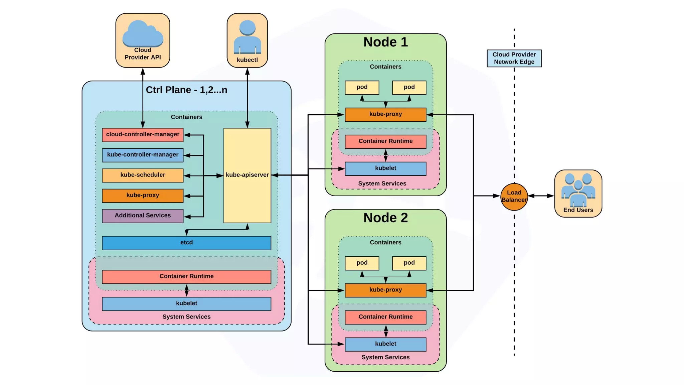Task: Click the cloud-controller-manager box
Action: click(x=143, y=135)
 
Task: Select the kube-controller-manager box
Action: click(x=143, y=155)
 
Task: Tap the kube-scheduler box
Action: click(x=143, y=175)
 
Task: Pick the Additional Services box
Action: click(x=143, y=216)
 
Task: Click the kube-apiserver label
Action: click(x=247, y=175)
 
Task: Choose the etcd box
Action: click(x=186, y=243)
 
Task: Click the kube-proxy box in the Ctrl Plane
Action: click(x=143, y=196)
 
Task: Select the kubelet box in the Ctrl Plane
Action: click(x=186, y=304)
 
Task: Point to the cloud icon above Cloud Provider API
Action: click(x=143, y=33)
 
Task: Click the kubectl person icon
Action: click(x=247, y=37)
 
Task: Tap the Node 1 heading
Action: click(x=385, y=42)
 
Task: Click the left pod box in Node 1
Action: click(x=362, y=88)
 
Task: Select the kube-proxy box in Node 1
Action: click(x=385, y=114)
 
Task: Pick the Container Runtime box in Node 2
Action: click(x=385, y=317)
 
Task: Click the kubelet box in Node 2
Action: click(x=385, y=344)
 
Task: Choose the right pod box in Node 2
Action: click(x=409, y=263)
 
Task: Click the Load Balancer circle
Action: click(x=514, y=197)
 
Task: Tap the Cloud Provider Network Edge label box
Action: click(x=514, y=58)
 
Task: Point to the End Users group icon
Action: click(x=578, y=189)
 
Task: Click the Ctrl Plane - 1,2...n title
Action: click(x=186, y=90)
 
